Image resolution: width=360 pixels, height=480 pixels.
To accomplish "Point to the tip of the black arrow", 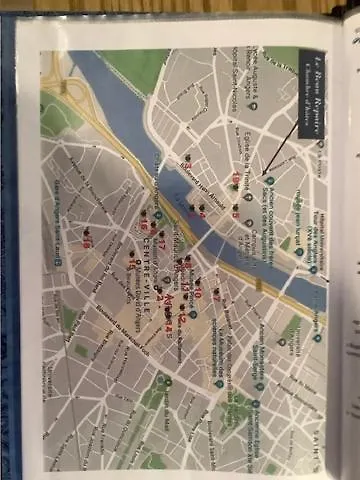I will coord(264,175).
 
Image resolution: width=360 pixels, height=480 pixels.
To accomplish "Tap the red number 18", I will coord(87,241).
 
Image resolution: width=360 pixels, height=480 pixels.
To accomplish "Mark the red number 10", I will coord(197,268).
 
